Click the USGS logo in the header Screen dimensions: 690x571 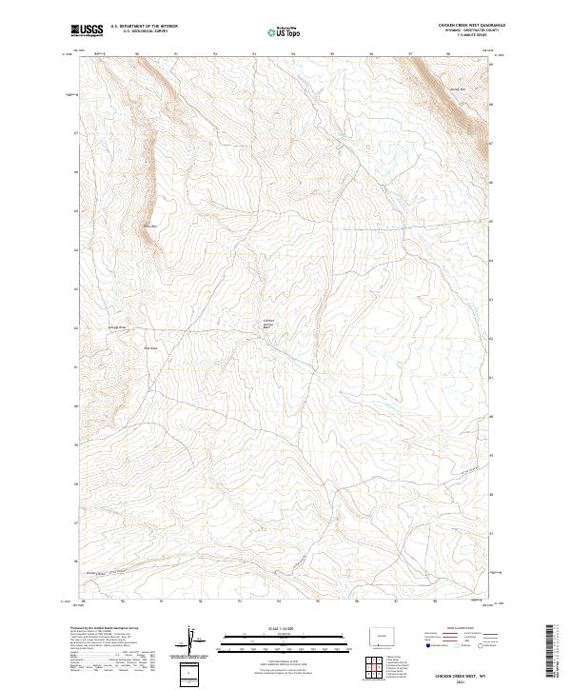[x=87, y=30]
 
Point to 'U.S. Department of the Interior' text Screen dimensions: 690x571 [x=143, y=27]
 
